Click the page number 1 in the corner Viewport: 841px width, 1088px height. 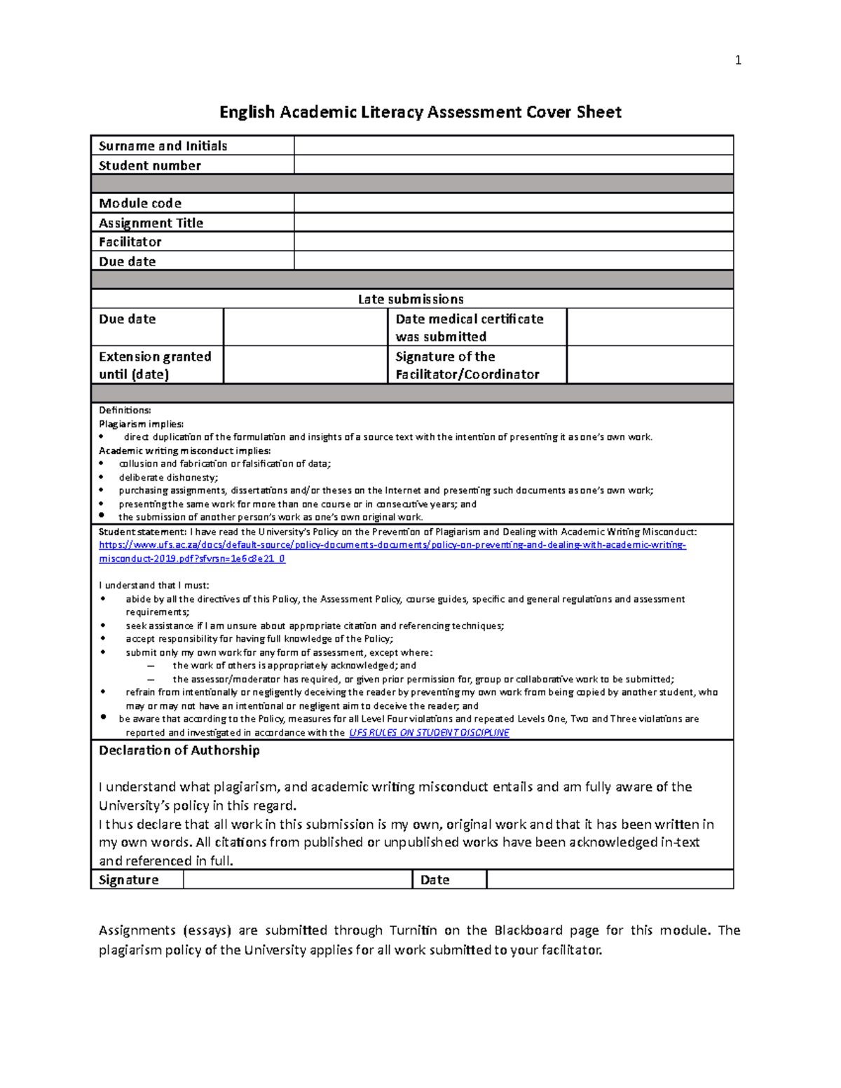tap(737, 60)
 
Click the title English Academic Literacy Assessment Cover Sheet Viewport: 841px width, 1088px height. tap(420, 112)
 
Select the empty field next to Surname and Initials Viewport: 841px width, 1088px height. tap(513, 146)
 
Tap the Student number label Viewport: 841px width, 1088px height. tap(150, 165)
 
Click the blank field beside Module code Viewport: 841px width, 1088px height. tap(513, 203)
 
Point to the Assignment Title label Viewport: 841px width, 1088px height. tap(151, 223)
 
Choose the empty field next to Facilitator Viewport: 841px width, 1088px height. tap(513, 242)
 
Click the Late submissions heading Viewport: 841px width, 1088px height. tap(411, 299)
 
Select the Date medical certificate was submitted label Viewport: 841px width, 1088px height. tap(469, 327)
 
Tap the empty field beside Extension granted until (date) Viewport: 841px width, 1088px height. tap(305, 365)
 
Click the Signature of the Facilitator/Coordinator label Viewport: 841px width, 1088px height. tap(467, 365)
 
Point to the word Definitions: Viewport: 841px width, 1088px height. tap(125, 411)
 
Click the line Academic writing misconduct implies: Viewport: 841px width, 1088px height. tap(184, 450)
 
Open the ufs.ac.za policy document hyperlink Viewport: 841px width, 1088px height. tap(392, 545)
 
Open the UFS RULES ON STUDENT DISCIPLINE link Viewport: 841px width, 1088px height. tap(429, 733)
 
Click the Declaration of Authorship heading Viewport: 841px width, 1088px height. tap(179, 750)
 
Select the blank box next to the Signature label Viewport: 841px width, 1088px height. tap(297, 880)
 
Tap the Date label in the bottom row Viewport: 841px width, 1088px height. tap(435, 880)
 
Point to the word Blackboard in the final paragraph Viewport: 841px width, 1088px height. tap(528, 930)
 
